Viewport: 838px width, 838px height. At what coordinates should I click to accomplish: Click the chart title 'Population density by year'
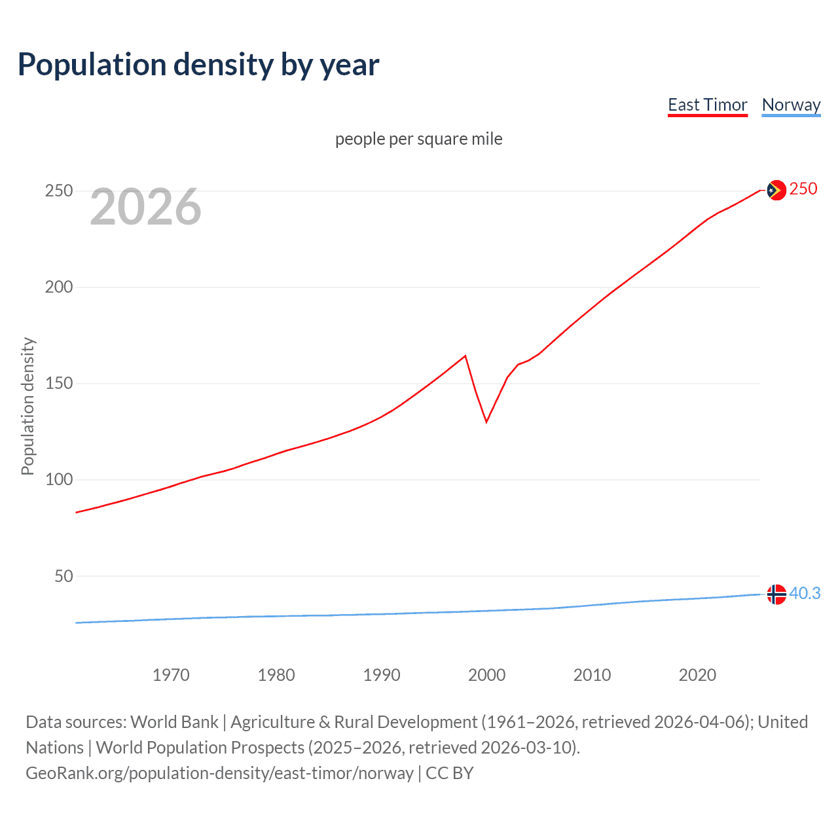pos(198,65)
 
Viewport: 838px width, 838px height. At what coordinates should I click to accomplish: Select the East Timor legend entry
pos(707,105)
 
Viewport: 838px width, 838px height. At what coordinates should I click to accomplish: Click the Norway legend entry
pos(791,105)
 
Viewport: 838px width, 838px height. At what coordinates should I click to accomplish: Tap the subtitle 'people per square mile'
pos(418,139)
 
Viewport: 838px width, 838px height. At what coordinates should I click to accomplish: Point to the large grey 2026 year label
pos(145,207)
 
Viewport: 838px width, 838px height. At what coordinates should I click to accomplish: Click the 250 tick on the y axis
pos(58,191)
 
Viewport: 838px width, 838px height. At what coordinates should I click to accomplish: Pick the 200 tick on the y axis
pos(58,287)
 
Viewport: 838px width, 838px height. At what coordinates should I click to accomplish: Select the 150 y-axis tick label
pos(58,384)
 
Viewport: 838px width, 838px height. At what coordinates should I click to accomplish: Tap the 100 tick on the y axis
pos(58,480)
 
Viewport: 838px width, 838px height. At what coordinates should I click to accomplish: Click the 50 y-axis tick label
pos(64,576)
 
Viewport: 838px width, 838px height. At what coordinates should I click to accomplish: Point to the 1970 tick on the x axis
pos(171,675)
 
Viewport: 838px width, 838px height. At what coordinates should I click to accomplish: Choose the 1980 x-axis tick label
pos(276,675)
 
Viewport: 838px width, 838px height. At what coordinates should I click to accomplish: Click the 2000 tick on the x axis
pos(486,675)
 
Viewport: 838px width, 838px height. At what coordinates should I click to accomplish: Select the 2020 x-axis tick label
pos(697,675)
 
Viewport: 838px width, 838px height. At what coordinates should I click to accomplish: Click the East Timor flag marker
pos(776,190)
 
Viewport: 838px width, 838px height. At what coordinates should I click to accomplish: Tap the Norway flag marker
pos(776,594)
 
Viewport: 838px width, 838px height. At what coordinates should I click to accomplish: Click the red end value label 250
pos(803,189)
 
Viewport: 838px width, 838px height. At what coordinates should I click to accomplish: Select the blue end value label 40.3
pos(805,594)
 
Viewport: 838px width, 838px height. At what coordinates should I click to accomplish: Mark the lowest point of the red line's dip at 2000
pos(486,422)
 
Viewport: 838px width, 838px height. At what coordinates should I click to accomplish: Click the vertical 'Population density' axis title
pos(27,406)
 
